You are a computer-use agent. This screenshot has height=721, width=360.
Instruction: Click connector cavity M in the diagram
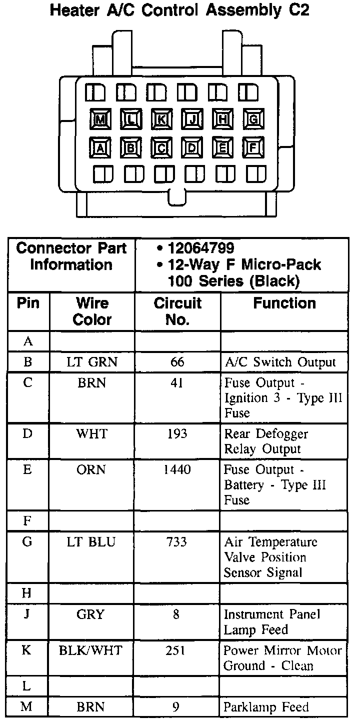[100, 119]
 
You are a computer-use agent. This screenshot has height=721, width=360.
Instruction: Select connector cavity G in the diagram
[253, 119]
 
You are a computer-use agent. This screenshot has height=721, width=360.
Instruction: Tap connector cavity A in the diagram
[100, 147]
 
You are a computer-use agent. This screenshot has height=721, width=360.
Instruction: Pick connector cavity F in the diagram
[253, 147]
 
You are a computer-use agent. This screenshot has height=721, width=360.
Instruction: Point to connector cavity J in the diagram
[192, 119]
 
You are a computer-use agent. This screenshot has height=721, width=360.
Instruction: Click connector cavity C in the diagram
[161, 147]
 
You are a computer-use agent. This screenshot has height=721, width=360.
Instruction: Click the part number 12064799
[201, 248]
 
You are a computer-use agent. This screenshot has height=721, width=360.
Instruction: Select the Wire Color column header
[92, 311]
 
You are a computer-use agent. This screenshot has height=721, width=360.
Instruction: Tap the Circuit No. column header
[177, 311]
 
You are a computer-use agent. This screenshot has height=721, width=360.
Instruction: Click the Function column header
[284, 303]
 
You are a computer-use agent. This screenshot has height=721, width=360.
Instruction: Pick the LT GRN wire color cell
[92, 362]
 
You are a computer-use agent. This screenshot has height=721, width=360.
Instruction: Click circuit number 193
[177, 433]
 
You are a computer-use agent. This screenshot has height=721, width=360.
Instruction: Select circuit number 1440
[177, 470]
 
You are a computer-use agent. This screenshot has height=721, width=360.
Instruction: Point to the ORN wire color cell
[92, 470]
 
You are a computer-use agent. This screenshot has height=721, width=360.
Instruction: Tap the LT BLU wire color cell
[92, 542]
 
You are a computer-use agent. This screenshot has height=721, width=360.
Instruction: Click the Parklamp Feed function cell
[266, 707]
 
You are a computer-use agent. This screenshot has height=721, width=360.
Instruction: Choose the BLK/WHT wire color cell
[92, 650]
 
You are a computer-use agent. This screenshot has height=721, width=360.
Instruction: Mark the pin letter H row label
[27, 593]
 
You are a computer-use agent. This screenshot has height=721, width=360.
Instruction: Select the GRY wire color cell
[92, 614]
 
